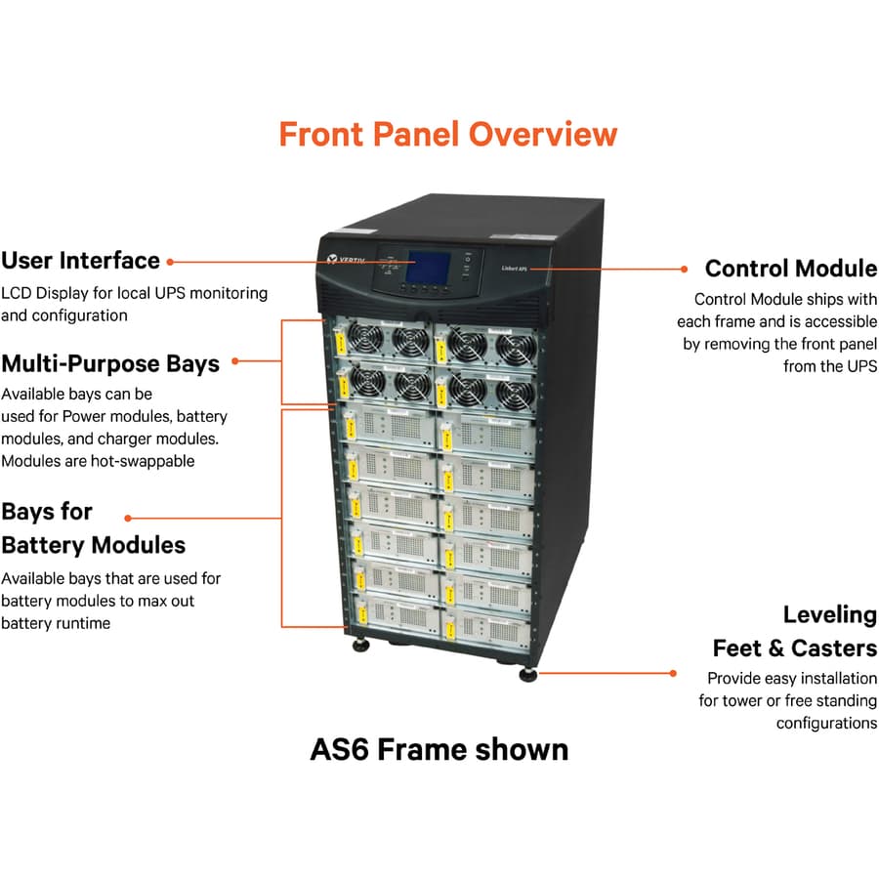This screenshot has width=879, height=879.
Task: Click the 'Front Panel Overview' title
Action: point(448,134)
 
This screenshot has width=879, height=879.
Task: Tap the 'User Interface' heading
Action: point(80,261)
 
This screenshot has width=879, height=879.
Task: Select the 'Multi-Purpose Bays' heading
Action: point(109,363)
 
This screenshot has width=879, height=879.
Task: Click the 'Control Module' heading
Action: point(791,269)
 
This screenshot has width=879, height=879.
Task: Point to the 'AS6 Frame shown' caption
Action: point(439,749)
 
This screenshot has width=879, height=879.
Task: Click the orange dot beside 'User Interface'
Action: point(170,262)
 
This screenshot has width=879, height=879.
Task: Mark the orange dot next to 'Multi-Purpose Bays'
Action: point(234,361)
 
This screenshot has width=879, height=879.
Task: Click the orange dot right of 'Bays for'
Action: point(128,518)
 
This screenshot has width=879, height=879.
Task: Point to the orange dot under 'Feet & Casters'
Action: point(673,672)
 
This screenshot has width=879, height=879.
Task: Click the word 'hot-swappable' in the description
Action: point(146,461)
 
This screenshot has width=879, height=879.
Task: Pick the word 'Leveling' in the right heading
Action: point(829,615)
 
